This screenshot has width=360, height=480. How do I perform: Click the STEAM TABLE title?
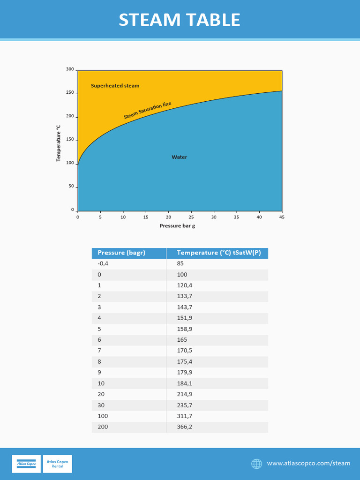[x=180, y=20]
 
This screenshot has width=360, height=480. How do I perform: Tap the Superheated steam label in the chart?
[x=115, y=86]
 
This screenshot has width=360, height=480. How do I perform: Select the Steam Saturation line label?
[x=147, y=110]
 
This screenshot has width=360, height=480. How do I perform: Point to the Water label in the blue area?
[x=179, y=157]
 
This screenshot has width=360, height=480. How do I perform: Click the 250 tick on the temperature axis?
[x=70, y=93]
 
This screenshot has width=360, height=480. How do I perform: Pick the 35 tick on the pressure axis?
[x=236, y=217]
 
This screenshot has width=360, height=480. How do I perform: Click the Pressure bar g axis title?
[x=177, y=226]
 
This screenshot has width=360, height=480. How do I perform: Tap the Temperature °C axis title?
[x=59, y=143]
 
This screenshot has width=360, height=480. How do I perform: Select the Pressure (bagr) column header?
[x=121, y=253]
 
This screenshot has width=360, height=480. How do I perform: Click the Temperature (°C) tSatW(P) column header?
[x=218, y=253]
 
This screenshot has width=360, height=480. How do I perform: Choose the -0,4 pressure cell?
[x=103, y=263]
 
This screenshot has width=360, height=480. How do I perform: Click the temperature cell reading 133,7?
[x=184, y=296]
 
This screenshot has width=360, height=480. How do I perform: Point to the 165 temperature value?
[x=182, y=340]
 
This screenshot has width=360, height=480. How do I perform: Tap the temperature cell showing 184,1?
[x=184, y=383]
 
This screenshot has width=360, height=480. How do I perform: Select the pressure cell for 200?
[x=103, y=427]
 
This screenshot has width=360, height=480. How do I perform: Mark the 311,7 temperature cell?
[x=184, y=416]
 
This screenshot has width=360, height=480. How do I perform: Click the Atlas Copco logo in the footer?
[x=26, y=464]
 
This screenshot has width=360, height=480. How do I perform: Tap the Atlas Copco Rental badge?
[x=57, y=464]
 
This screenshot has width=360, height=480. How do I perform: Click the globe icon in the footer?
[x=256, y=464]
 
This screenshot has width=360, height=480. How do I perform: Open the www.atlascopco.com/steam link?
[x=308, y=464]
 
